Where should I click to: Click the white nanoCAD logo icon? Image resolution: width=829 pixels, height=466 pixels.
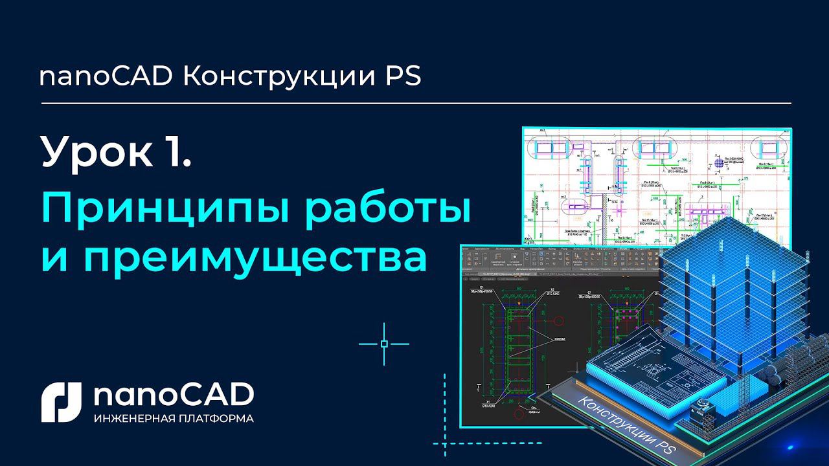(x=61, y=402)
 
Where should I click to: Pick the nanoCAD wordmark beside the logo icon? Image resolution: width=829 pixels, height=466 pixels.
(x=173, y=395)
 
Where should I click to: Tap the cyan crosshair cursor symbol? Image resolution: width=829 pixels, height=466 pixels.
(x=384, y=344)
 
